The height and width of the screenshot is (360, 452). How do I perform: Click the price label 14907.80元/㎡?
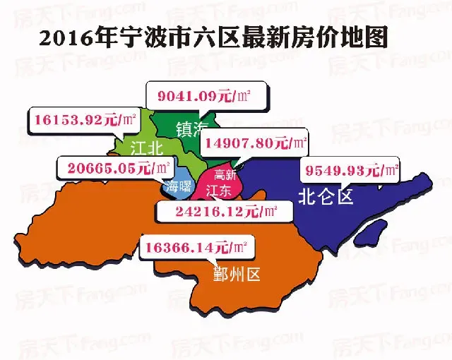pyautogui.click(x=254, y=143)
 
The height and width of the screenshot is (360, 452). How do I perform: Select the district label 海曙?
pyautogui.click(x=176, y=187)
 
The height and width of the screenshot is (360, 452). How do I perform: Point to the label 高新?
pyautogui.click(x=225, y=175)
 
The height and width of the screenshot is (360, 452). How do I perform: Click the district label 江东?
pyautogui.click(x=218, y=190)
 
